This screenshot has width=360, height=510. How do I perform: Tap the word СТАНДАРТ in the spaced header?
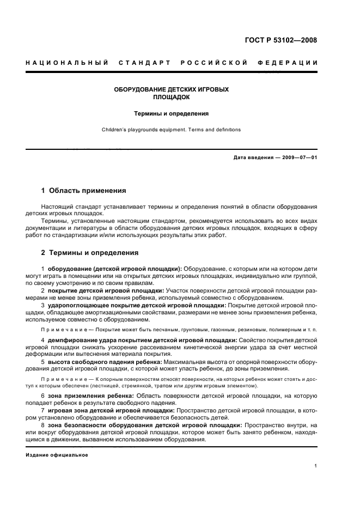pyautogui.click(x=145, y=63)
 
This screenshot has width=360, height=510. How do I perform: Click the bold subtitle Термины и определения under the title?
pyautogui.click(x=172, y=114)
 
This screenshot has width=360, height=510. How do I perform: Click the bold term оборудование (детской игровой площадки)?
pyautogui.click(x=115, y=269)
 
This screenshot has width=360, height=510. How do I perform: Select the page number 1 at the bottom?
pyautogui.click(x=316, y=466)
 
